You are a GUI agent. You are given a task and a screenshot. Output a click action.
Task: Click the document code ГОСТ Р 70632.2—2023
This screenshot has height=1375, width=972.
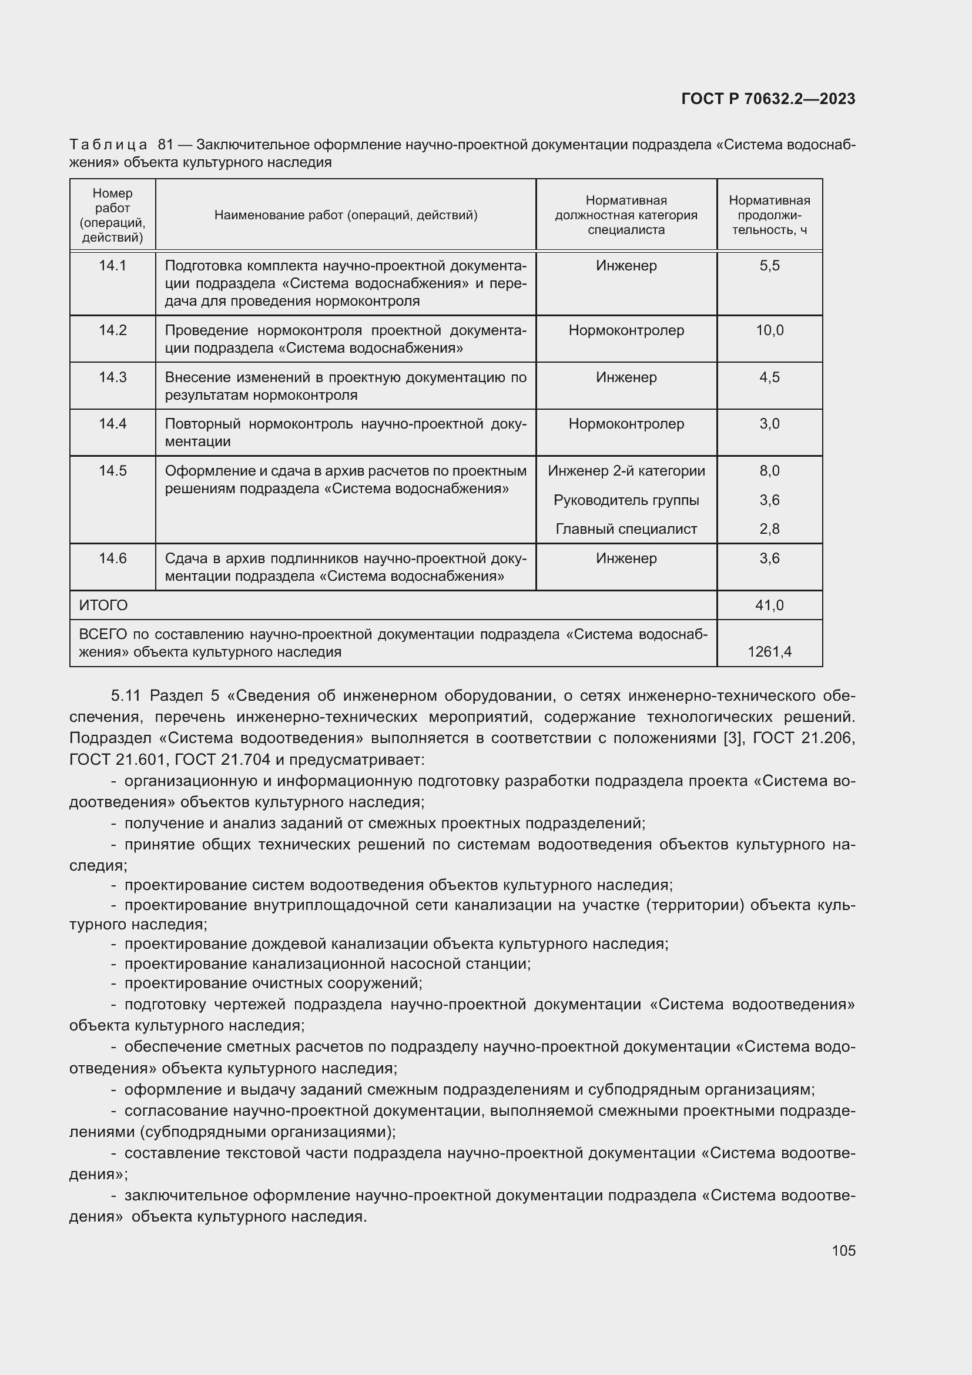pyautogui.click(x=768, y=99)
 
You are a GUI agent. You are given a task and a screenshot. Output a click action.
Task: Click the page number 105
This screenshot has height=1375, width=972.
pyautogui.click(x=843, y=1250)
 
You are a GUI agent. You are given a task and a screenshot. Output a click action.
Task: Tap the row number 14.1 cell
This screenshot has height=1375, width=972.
pyautogui.click(x=112, y=265)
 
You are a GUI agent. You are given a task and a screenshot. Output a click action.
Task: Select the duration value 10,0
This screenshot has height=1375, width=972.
pyautogui.click(x=769, y=330)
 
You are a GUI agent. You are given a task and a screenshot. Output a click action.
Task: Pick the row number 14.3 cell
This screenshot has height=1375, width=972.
pyautogui.click(x=112, y=377)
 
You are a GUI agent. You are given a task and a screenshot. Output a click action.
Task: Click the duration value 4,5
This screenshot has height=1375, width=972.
pyautogui.click(x=769, y=377)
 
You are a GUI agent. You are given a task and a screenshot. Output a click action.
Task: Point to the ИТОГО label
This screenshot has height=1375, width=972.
pyautogui.click(x=103, y=605)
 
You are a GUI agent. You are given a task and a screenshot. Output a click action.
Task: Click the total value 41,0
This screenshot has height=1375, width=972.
pyautogui.click(x=769, y=605)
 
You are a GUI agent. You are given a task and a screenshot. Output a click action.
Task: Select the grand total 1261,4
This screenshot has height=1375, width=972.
pyautogui.click(x=769, y=651)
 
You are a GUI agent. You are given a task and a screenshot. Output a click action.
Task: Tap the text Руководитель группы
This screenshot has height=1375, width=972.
pyautogui.click(x=626, y=500)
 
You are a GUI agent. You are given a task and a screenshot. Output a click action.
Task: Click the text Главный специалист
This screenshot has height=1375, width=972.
pyautogui.click(x=626, y=529)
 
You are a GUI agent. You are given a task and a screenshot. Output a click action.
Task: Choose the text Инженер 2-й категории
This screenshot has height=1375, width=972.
pyautogui.click(x=626, y=471)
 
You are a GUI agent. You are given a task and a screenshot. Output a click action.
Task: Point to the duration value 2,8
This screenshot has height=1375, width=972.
pyautogui.click(x=769, y=529)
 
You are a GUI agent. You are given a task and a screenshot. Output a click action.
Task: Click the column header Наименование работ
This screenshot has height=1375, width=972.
pyautogui.click(x=346, y=215)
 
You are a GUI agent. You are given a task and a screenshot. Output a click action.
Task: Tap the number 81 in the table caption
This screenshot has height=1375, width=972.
pyautogui.click(x=166, y=145)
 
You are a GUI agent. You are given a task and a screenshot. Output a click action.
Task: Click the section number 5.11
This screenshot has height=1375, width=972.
pyautogui.click(x=125, y=696)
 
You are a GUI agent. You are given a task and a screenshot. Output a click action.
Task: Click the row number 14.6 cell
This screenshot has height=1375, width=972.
pyautogui.click(x=112, y=558)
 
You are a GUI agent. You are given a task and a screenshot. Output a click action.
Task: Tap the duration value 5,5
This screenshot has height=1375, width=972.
pyautogui.click(x=769, y=265)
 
